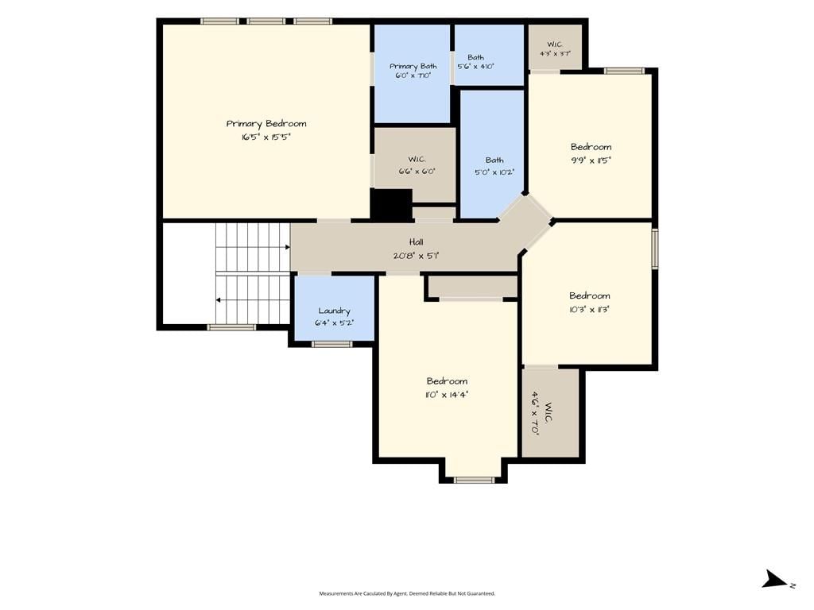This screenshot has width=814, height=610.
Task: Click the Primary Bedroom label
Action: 266,123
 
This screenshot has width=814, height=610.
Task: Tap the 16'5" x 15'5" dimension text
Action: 266,137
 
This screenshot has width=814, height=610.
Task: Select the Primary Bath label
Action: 413,67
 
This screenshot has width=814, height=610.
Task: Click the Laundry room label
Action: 334,311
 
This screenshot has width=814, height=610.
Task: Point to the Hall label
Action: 416,241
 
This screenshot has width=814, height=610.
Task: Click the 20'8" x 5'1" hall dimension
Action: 416,255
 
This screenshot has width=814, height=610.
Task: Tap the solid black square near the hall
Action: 392,204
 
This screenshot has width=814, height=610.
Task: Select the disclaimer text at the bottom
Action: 407,593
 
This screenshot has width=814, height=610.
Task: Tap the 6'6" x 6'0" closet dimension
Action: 417,172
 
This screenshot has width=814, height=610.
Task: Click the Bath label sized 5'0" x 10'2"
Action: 494,160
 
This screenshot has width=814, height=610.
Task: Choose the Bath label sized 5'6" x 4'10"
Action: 475,57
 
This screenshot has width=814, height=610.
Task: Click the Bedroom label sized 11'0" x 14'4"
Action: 447,380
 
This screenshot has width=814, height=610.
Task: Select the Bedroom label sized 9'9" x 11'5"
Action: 591,147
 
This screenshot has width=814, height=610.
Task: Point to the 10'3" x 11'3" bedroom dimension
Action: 589,309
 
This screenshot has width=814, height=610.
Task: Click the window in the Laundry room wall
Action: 332,344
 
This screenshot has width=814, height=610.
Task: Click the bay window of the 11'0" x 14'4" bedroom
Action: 474,480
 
